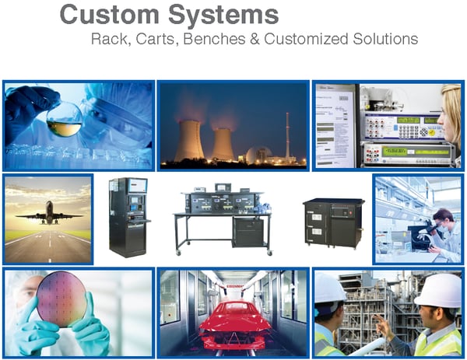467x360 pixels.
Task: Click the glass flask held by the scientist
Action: point(65,124)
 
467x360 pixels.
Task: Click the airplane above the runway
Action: point(48,215)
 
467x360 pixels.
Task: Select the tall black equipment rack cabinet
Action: point(128,217)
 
